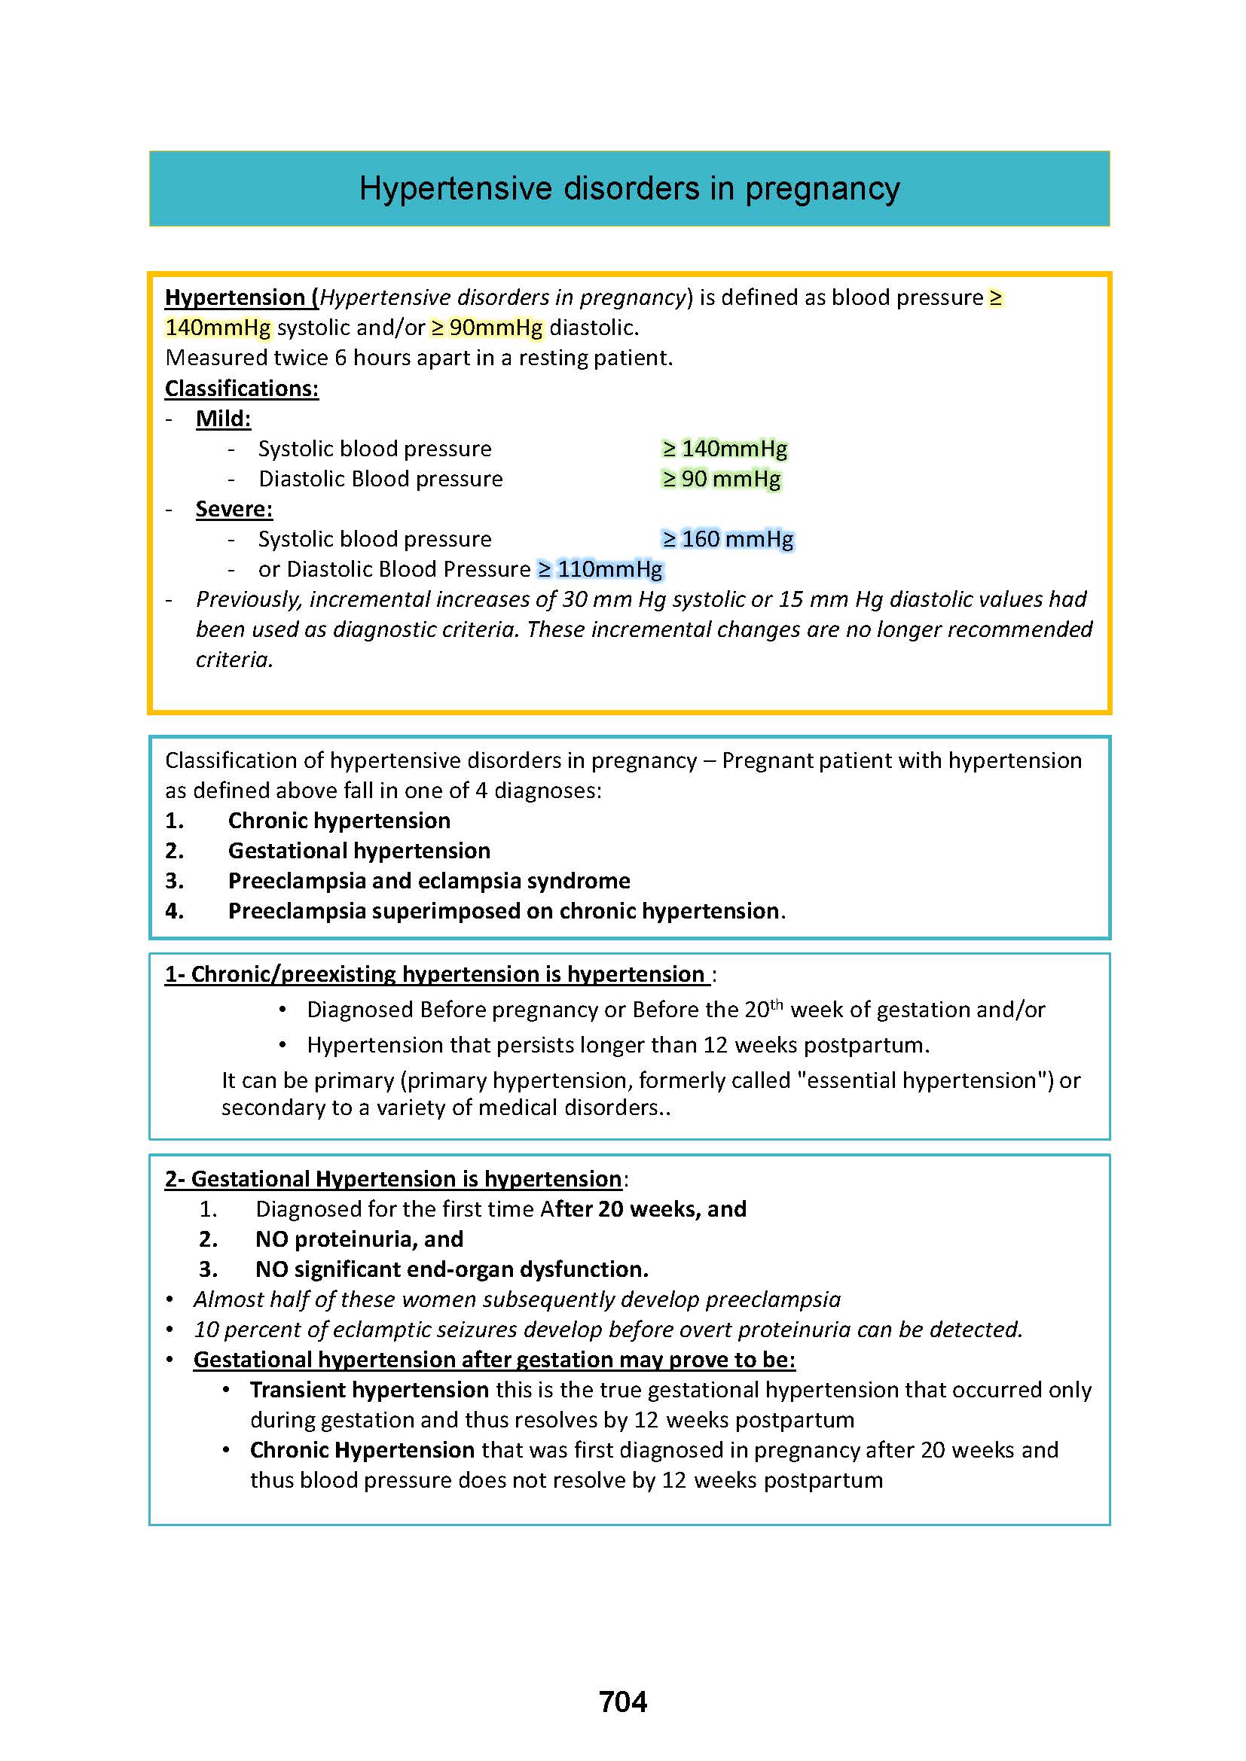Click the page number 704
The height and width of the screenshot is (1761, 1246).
(622, 1702)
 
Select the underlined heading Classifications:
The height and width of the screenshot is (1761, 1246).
(242, 388)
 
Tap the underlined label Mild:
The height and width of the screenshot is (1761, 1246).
(223, 419)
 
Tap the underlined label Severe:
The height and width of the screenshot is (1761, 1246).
(234, 509)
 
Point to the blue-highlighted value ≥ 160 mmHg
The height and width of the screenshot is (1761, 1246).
(728, 539)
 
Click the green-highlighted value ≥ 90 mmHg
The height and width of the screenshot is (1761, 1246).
(721, 480)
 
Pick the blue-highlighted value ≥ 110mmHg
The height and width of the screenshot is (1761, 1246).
(600, 569)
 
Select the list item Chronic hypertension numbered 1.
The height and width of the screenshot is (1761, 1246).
(339, 821)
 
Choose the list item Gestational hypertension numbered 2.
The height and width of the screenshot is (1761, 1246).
(359, 851)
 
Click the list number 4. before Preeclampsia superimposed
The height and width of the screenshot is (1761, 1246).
(174, 911)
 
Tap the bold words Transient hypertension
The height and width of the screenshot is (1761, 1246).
(369, 1390)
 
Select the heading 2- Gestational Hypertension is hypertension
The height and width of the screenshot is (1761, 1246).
(392, 1179)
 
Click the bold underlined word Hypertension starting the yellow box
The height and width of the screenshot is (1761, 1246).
(235, 297)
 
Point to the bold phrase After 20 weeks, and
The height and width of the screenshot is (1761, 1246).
(643, 1210)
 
